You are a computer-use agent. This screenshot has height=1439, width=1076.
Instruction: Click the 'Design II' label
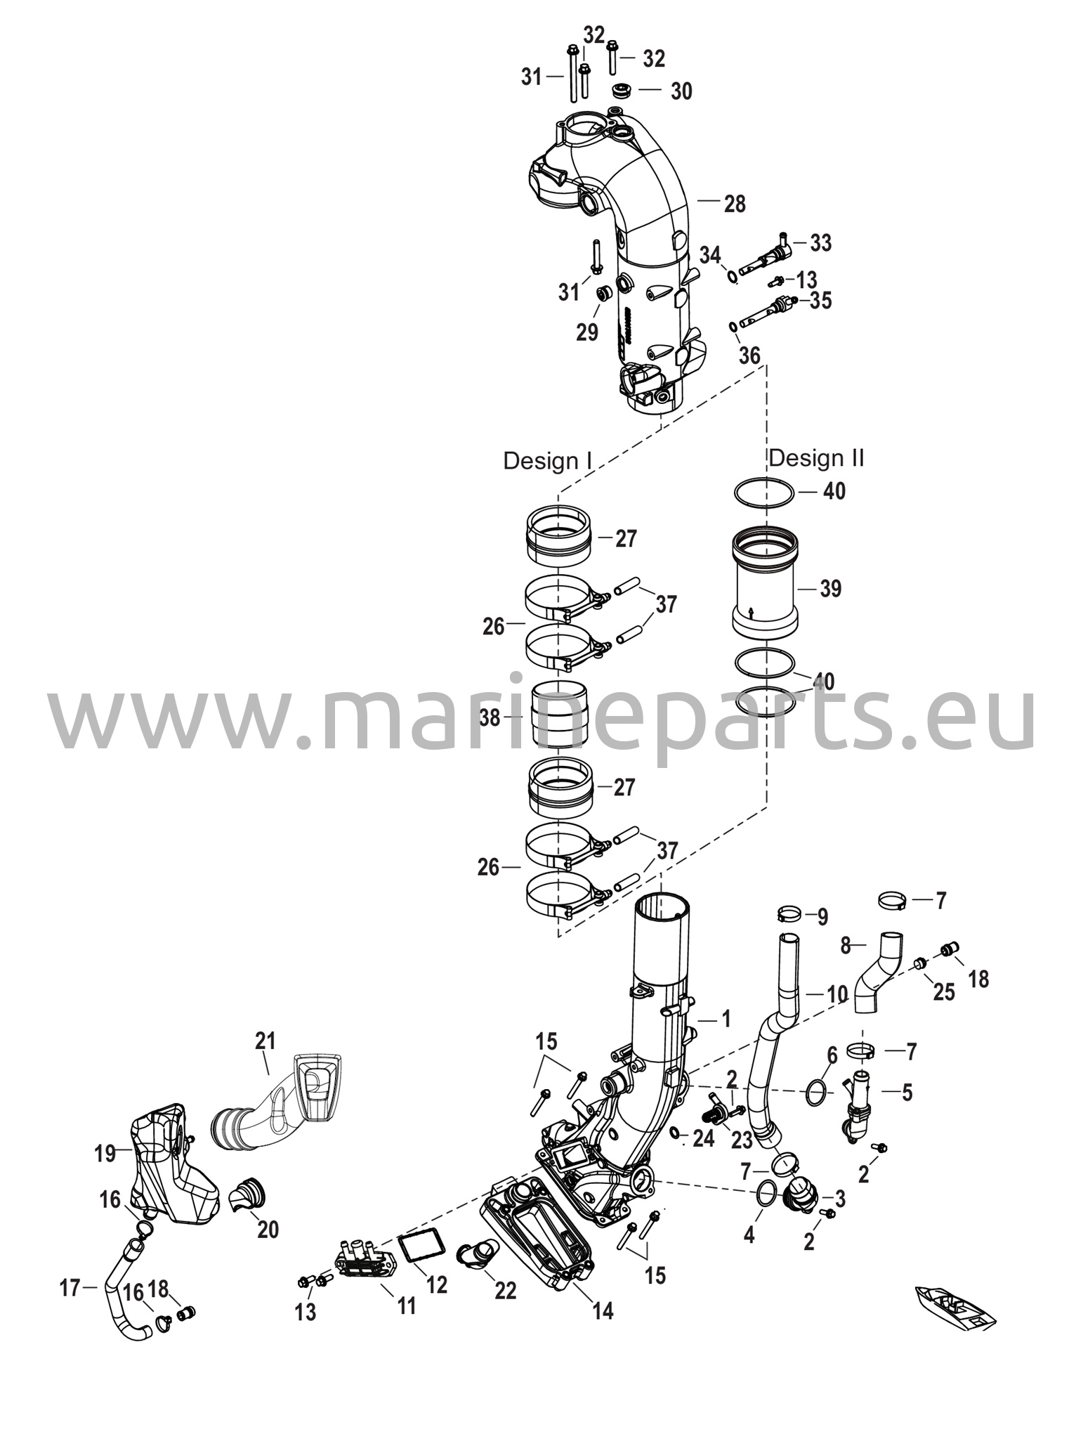(816, 458)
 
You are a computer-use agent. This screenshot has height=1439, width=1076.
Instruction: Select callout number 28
(735, 204)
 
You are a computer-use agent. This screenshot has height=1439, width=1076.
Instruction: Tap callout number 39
(830, 588)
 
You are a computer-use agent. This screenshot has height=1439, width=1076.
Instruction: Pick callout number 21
(265, 1040)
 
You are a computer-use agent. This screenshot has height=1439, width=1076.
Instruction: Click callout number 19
(105, 1153)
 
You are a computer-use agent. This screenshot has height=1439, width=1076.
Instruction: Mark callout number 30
(681, 91)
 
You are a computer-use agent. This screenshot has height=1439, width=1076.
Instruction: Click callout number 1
(726, 1017)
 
